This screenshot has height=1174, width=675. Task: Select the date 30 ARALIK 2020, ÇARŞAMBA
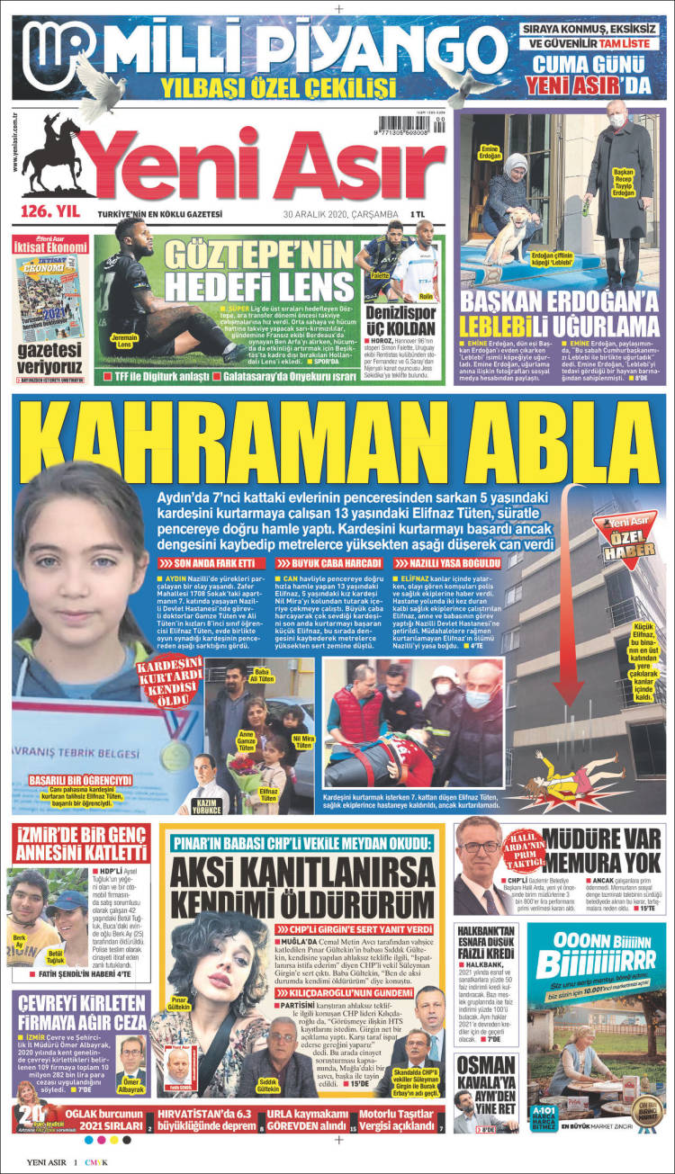[340, 214]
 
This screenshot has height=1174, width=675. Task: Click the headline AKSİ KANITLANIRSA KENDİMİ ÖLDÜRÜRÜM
[306, 885]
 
